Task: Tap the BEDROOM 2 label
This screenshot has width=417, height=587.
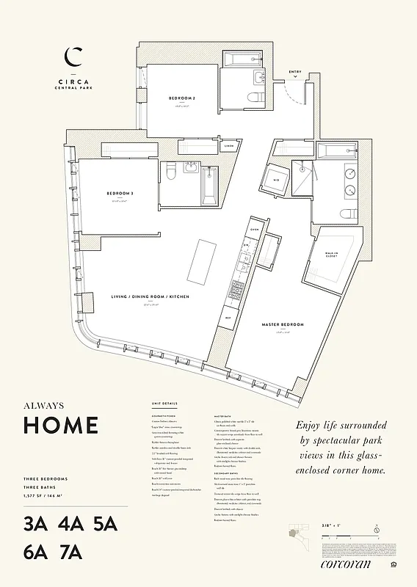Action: pyautogui.click(x=182, y=98)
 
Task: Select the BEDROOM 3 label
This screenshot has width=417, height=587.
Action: pyautogui.click(x=120, y=193)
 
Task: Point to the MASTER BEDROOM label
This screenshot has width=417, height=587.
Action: pyautogui.click(x=283, y=324)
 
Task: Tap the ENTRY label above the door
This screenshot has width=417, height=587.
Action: pyautogui.click(x=295, y=72)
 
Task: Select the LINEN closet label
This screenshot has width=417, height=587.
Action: pyautogui.click(x=230, y=146)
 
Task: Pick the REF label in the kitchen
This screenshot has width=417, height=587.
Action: pyautogui.click(x=228, y=318)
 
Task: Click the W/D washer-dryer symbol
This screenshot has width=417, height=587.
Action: pyautogui.click(x=277, y=179)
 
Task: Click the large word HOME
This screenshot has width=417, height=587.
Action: pyautogui.click(x=61, y=425)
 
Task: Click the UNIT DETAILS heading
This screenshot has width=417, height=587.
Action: pyautogui.click(x=164, y=404)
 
